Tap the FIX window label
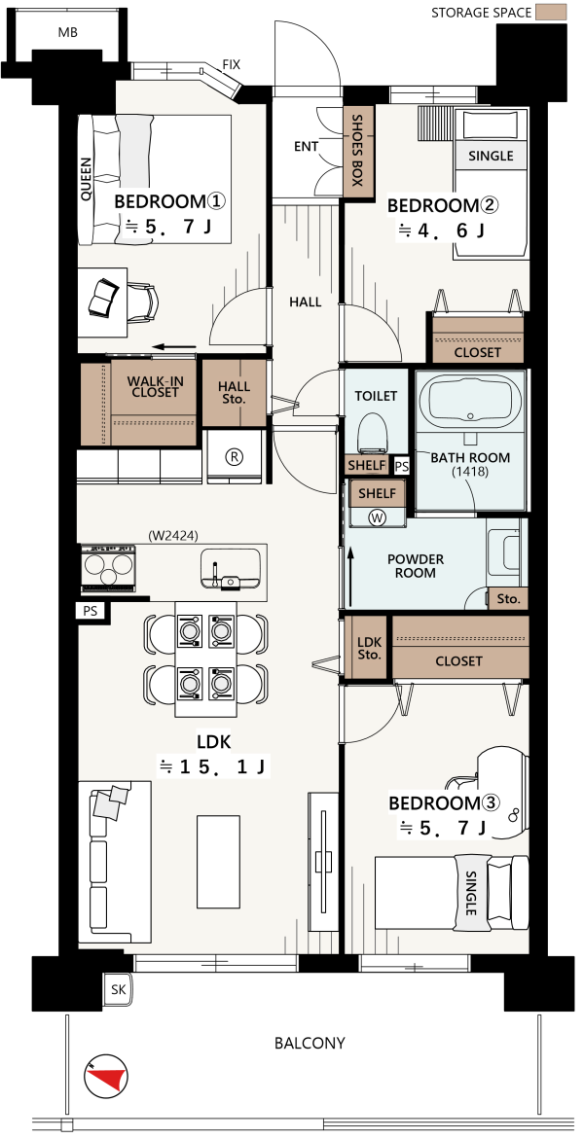232,64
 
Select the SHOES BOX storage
357,151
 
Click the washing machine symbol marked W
377,517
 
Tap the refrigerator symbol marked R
235,456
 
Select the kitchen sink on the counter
231,567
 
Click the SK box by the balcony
117,988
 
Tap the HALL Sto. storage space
234,393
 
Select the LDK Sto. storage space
370,647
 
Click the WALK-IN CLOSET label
153,386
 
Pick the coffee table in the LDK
218,862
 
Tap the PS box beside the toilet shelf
401,466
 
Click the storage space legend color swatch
551,13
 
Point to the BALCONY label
310,1043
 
